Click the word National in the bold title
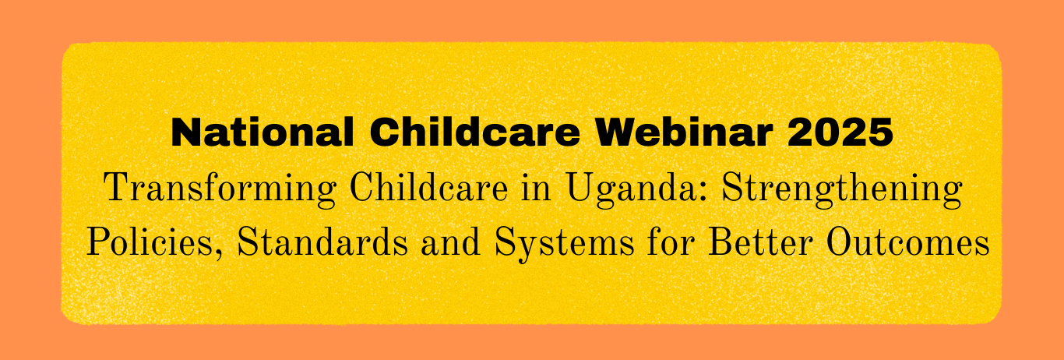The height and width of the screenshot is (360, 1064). (x=262, y=132)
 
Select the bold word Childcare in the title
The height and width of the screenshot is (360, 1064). (x=474, y=132)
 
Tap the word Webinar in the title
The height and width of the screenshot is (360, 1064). (x=684, y=132)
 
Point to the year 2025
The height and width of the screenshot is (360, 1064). (x=840, y=132)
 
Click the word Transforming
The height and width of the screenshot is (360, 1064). (x=220, y=189)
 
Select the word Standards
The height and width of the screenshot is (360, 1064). (x=322, y=242)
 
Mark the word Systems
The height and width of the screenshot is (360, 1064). (x=564, y=244)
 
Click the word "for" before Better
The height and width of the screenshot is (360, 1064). (x=671, y=242)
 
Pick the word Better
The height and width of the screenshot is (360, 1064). (x=759, y=242)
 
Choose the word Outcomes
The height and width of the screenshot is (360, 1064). (x=907, y=242)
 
